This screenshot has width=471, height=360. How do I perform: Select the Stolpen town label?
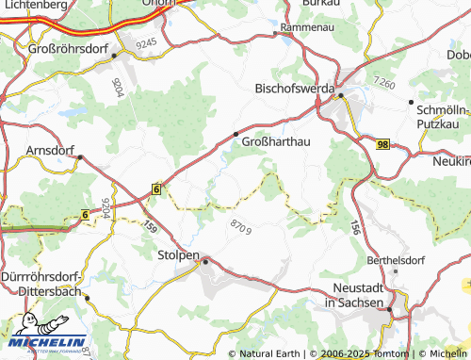pyautogui.click(x=178, y=254)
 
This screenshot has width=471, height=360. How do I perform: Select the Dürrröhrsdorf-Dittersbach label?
pyautogui.click(x=42, y=285)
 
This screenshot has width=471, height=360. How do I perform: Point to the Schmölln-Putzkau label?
pyautogui.click(x=442, y=116)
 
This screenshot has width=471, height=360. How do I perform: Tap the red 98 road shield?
pyautogui.click(x=382, y=144)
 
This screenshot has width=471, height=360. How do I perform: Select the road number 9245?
pyautogui.click(x=146, y=43)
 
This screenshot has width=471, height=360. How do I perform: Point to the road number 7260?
pyautogui.click(x=383, y=83)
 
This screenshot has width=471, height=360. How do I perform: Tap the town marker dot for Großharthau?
pyautogui.click(x=235, y=134)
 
